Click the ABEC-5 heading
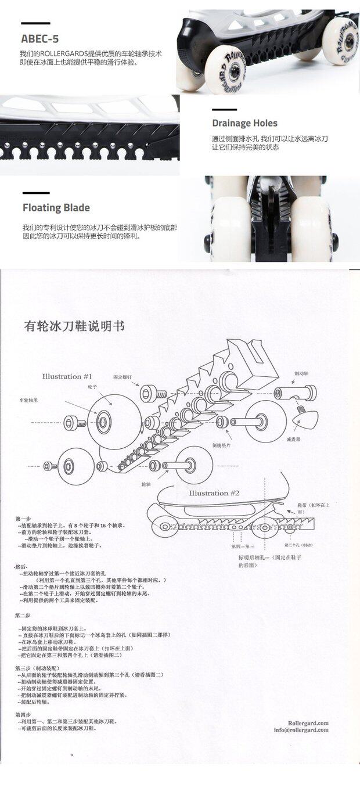click(x=40, y=39)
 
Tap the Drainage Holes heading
click(x=244, y=123)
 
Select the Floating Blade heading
click(x=56, y=207)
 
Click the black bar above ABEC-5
click(x=35, y=24)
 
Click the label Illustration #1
click(x=67, y=376)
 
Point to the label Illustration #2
click(x=214, y=493)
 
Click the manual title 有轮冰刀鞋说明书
click(x=74, y=326)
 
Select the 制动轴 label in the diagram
click(x=301, y=374)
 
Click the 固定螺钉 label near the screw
click(x=123, y=377)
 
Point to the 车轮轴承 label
click(x=28, y=400)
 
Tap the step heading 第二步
click(x=23, y=616)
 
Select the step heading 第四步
click(x=23, y=714)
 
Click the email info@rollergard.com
click(x=301, y=730)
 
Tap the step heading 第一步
click(x=23, y=518)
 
